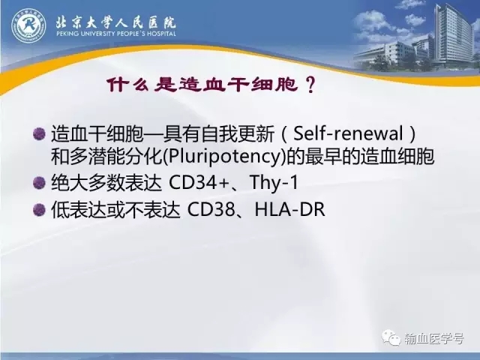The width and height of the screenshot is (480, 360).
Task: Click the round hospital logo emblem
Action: coord(28,25)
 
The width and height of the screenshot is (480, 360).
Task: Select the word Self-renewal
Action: coord(348,133)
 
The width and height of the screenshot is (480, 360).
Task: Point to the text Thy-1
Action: coord(274,183)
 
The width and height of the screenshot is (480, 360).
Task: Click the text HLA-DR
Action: coord(290,209)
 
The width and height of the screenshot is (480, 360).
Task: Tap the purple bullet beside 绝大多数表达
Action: coord(39,183)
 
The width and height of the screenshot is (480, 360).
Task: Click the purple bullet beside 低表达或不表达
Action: coord(39,210)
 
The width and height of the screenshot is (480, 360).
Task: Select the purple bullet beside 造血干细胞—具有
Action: coord(39,134)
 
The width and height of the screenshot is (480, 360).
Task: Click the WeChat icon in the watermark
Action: coord(391,337)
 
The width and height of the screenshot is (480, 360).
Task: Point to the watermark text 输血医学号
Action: coord(433,338)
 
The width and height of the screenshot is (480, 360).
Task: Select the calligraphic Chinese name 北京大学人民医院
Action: coord(115,22)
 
